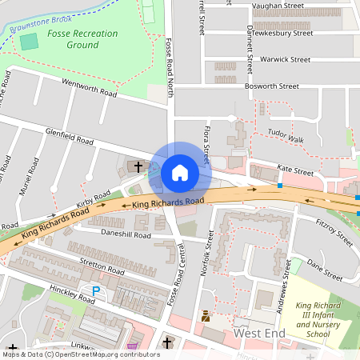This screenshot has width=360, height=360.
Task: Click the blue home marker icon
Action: click(180, 173)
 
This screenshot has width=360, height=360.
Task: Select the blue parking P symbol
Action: click(97, 292)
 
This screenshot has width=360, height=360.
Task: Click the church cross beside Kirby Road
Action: click(138, 167)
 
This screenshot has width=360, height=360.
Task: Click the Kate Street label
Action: click(294, 170)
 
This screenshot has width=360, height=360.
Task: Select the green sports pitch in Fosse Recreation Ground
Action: click(29, 42)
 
